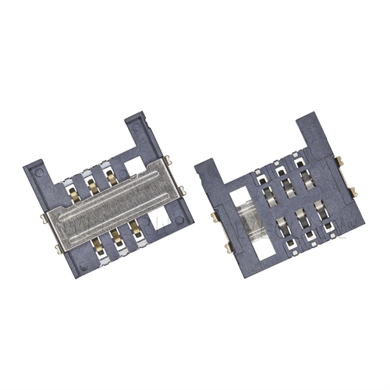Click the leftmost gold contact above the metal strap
[x=71, y=181]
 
